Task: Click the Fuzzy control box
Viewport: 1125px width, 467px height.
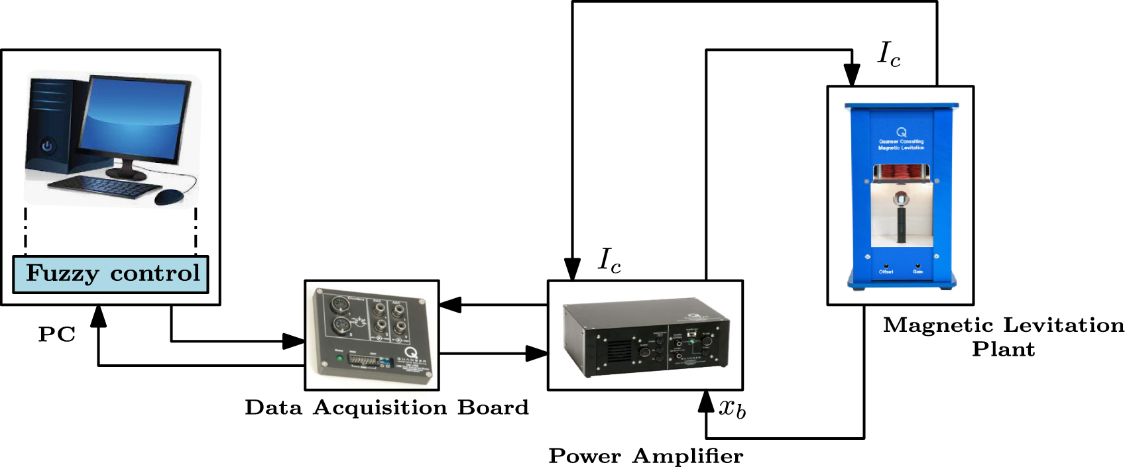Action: tap(111, 274)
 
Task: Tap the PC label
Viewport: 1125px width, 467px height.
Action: tap(56, 335)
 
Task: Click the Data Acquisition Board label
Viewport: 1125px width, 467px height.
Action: tap(386, 407)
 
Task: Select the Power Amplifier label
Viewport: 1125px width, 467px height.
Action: tap(646, 456)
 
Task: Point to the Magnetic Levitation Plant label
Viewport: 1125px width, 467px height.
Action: tap(1003, 337)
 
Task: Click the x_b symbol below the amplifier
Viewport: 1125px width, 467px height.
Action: tap(732, 408)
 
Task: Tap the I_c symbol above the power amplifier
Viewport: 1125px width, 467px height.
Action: tap(609, 260)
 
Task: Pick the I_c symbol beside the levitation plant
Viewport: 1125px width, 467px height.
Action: tap(888, 54)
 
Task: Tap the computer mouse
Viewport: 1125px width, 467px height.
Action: tap(169, 197)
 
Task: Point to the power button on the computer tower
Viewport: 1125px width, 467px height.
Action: tap(47, 146)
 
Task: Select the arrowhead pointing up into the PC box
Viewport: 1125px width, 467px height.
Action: tap(99, 317)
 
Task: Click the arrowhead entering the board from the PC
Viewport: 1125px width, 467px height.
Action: tap(294, 341)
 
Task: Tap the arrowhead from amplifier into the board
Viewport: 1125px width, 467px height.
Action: tap(450, 305)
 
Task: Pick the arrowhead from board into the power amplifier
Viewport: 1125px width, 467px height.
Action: tap(536, 353)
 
